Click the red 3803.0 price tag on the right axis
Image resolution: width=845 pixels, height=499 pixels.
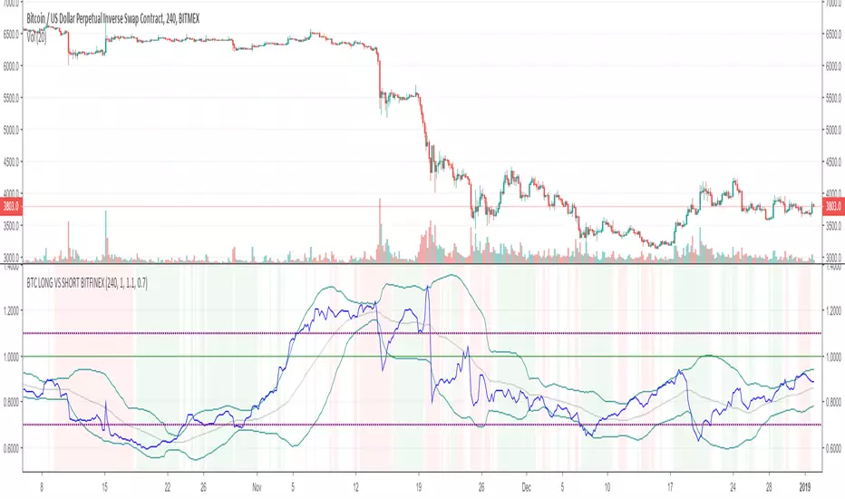(x=831, y=206)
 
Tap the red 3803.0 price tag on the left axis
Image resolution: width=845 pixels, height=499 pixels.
(x=15, y=206)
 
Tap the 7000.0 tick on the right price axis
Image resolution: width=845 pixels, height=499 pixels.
(x=832, y=5)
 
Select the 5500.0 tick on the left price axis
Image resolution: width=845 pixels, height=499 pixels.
(x=15, y=98)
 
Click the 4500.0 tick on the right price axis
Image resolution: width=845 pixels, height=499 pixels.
(x=832, y=163)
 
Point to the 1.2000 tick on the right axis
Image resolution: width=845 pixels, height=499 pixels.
(x=832, y=310)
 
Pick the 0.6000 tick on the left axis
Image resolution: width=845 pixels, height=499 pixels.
(x=15, y=448)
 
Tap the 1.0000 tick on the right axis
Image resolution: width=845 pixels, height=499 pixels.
(x=832, y=357)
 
